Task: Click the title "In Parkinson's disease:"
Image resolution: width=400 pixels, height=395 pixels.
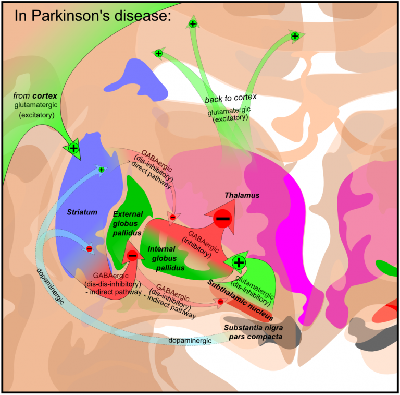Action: pos(92,15)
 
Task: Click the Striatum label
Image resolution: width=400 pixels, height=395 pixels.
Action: pos(82,212)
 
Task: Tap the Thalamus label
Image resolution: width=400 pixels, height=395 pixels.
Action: pos(242,195)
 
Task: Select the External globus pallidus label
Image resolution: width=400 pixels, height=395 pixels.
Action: pos(128,223)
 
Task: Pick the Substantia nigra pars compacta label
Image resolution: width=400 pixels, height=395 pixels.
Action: pos(254,332)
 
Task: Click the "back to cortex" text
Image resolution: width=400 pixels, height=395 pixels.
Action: pos(231,98)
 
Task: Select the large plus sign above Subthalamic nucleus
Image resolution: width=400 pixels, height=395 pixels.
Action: pos(239,262)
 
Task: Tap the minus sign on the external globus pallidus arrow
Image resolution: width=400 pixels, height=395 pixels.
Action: pos(132,255)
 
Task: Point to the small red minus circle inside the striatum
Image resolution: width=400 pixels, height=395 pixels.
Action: pos(89,249)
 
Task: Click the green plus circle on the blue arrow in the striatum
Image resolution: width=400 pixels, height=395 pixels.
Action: pos(102,169)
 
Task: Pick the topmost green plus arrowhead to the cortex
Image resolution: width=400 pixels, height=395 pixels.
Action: pos(193,23)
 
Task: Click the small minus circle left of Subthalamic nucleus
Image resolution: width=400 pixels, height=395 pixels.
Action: pos(220,301)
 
